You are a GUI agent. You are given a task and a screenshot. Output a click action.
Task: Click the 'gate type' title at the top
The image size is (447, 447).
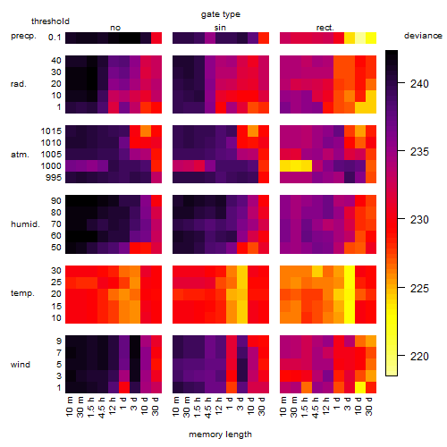coord(221,14)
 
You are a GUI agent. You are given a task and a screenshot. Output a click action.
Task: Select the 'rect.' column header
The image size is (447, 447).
coord(325,28)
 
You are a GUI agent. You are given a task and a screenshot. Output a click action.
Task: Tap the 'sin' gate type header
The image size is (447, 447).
coord(220,28)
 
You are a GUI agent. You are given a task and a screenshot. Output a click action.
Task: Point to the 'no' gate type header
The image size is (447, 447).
coord(115,28)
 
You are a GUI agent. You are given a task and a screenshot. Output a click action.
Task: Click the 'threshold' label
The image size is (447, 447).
coord(50,21)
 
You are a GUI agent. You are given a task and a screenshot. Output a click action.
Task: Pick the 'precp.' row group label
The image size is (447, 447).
coord(23,36)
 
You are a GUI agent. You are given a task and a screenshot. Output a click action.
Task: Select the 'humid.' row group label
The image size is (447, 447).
coord(25,224)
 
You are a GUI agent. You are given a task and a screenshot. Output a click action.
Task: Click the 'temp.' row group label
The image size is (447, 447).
coord(22,293)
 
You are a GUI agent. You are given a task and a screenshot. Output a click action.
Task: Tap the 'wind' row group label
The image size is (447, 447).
coord(21,365)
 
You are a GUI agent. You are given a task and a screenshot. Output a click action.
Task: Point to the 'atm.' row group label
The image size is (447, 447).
coord(20,155)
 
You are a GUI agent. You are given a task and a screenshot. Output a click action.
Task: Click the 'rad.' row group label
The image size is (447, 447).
coord(19,84)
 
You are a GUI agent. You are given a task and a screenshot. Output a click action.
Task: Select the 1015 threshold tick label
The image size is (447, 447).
coord(51,131)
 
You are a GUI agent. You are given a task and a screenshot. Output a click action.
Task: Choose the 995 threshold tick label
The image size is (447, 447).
coord(54,178)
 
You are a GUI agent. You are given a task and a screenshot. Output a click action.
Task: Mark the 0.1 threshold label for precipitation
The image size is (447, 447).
coord(55,38)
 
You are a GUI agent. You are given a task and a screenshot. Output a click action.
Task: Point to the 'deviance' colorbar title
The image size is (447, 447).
coord(423,36)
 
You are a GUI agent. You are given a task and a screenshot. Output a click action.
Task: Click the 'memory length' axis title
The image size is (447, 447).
coord(220,434)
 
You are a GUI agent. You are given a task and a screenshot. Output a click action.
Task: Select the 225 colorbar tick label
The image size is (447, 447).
coord(419,289)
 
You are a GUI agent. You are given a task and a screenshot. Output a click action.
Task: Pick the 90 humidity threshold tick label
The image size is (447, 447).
coord(56,201)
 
